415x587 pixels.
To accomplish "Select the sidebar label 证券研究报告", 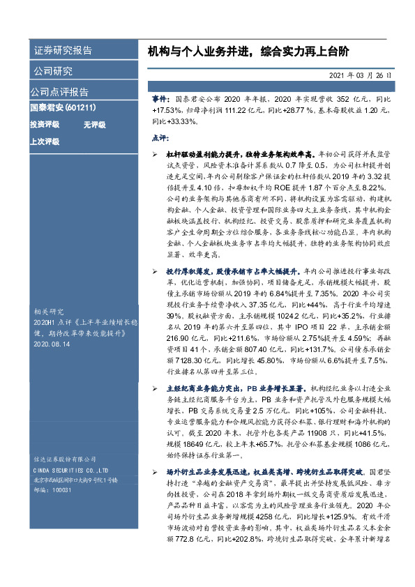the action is coord(62,51).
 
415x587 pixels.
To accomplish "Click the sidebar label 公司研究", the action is coord(53,71).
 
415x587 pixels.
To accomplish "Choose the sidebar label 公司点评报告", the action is coord(59,91).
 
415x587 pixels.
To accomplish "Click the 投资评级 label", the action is coord(44,125).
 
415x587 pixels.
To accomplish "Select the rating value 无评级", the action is coord(94,125).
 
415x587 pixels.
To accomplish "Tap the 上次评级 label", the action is coord(44,142).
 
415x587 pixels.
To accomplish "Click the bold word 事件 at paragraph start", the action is coord(160,100).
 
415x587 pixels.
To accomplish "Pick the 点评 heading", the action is coord(160,138).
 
